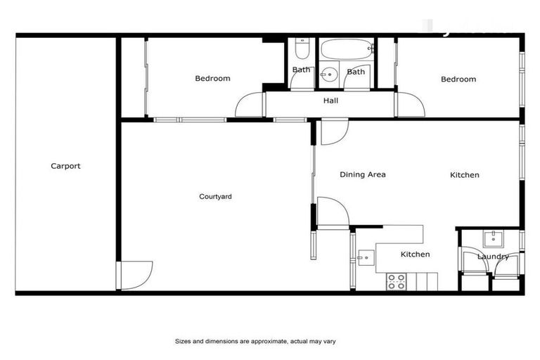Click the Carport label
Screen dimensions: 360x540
[65, 167]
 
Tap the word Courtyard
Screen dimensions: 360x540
[215, 197]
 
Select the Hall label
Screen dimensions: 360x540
[330, 101]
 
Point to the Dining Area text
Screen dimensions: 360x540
[363, 175]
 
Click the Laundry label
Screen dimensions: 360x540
[493, 257]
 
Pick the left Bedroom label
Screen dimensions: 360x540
[212, 79]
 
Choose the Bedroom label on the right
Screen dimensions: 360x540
[458, 79]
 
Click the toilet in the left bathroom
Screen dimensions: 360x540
[302, 49]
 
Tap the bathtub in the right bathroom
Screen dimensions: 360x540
[346, 50]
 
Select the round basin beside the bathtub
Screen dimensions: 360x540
[329, 73]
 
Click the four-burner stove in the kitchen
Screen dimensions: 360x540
[397, 282]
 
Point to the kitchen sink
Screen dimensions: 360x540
[364, 257]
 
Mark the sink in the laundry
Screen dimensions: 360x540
[493, 237]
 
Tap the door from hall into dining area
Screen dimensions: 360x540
[333, 131]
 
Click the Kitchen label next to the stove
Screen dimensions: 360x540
[415, 255]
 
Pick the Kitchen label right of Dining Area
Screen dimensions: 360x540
[464, 175]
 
